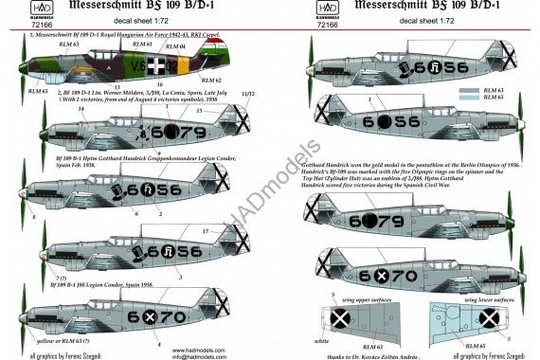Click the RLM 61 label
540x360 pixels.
click(142, 45)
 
